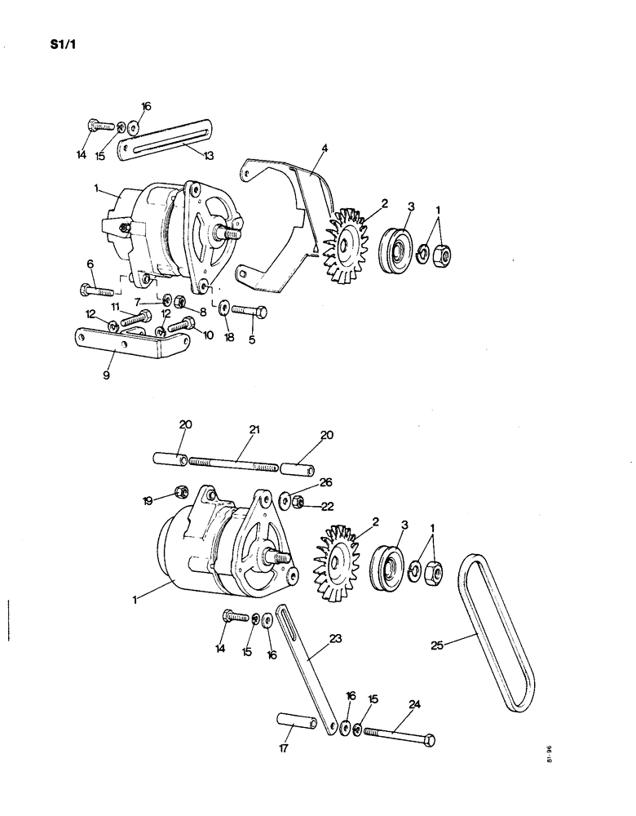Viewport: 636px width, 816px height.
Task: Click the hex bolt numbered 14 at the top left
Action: pyautogui.click(x=94, y=126)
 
